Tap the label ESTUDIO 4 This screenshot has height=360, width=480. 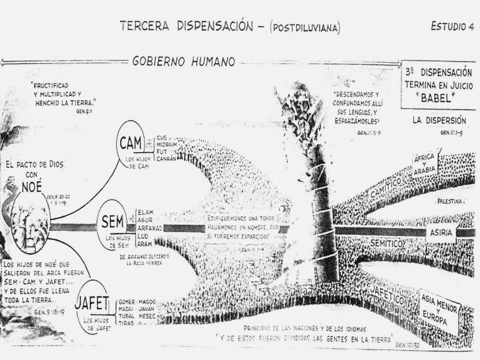[x=452, y=27]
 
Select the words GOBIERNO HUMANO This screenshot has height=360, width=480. [x=185, y=62]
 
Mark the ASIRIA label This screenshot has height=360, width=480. [x=441, y=233]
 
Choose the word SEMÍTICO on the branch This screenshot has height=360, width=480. [x=386, y=244]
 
